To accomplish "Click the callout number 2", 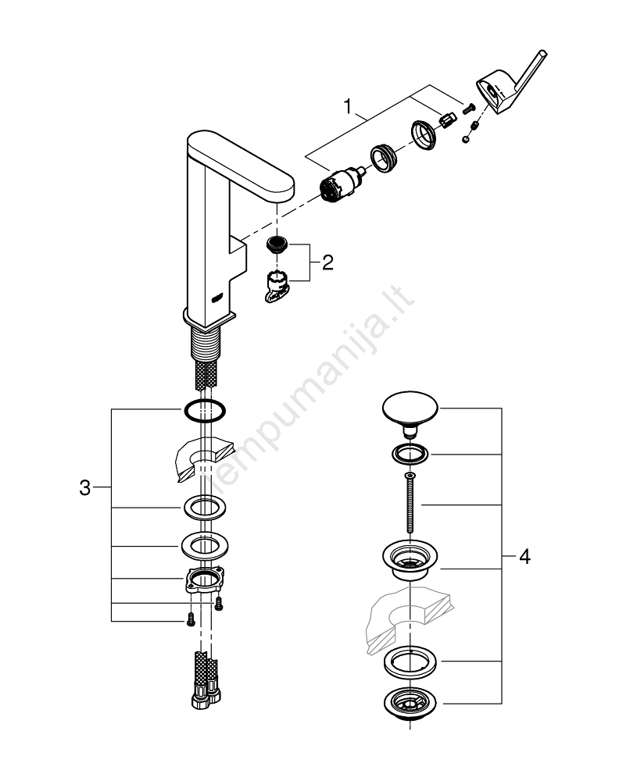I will click(x=327, y=262).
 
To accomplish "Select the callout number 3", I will click(x=85, y=490).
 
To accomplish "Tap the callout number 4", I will click(x=524, y=558).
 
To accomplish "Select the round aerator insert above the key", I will click(x=277, y=244).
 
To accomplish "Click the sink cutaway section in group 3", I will click(x=202, y=461).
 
